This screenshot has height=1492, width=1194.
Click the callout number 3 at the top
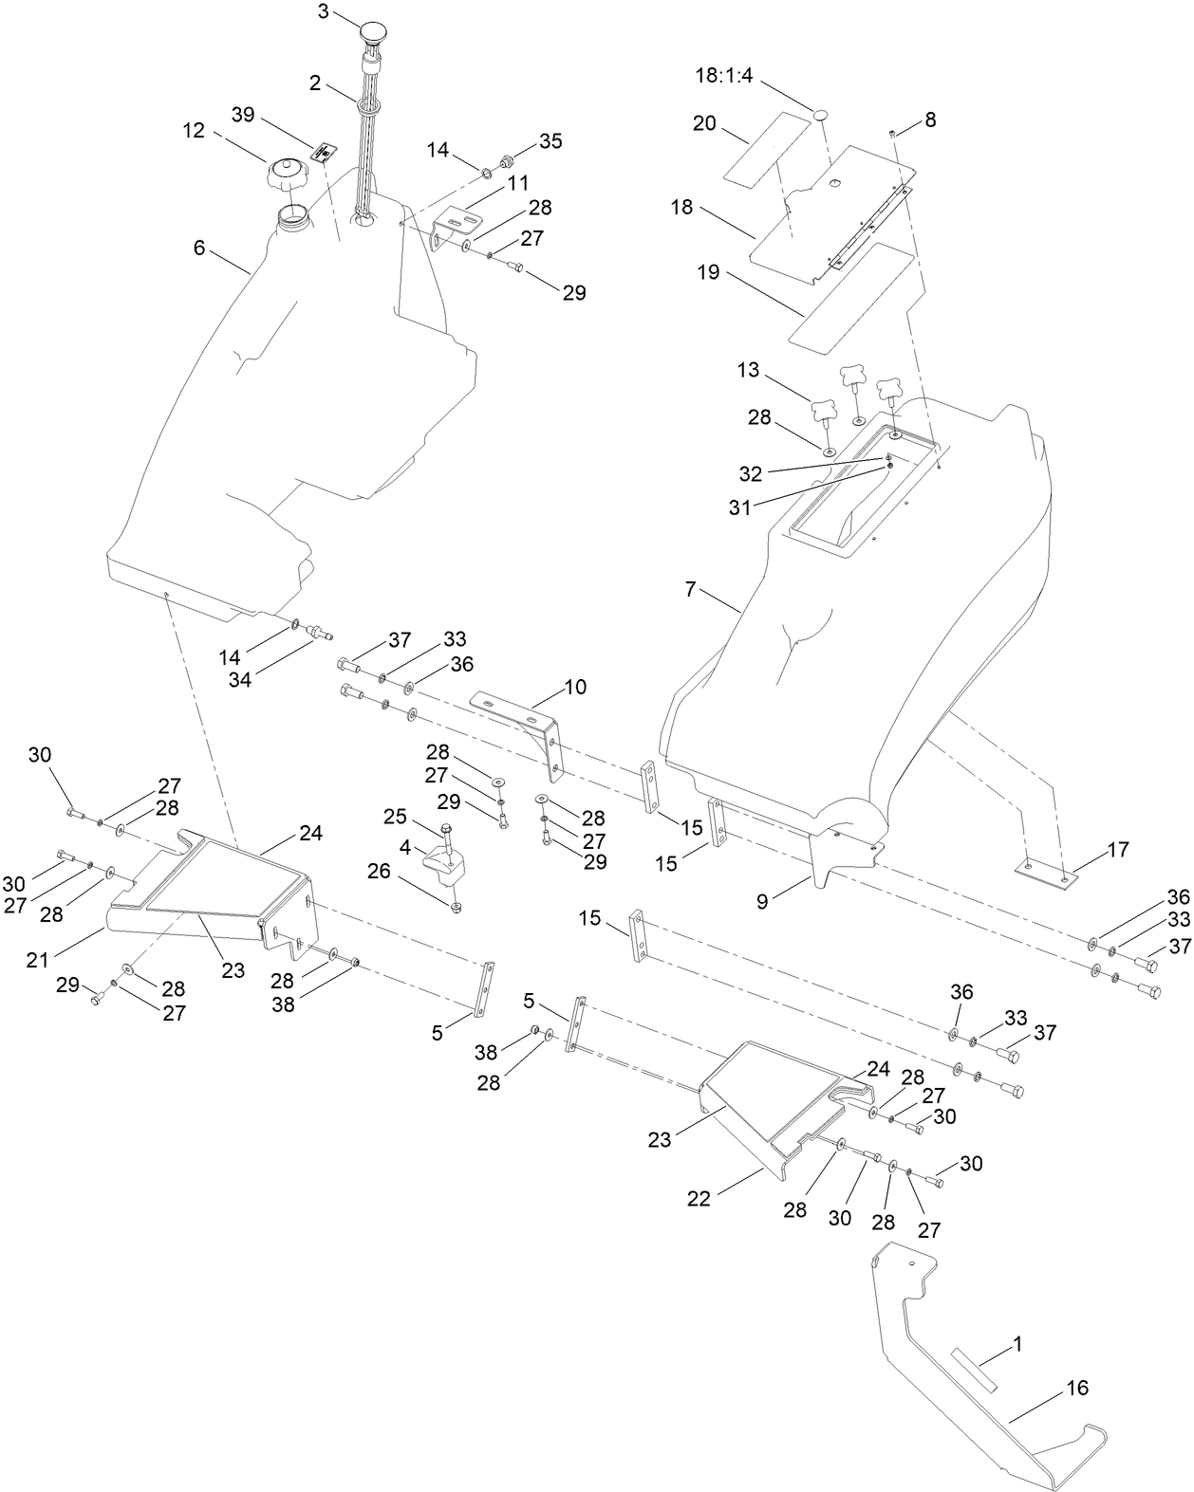tap(324, 11)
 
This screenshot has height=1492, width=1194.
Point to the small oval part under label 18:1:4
tap(821, 115)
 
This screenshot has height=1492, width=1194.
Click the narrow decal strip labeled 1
tap(976, 1371)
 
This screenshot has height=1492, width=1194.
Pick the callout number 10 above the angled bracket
tap(575, 687)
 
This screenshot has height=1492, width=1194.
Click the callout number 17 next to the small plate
tap(1118, 850)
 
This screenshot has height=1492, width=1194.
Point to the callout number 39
tap(243, 115)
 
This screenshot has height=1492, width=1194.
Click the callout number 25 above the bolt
tap(395, 817)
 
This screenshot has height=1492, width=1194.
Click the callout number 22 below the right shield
tap(699, 1199)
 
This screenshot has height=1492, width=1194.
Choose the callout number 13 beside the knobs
tap(748, 370)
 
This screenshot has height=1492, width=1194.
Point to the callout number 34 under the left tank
tap(240, 679)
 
